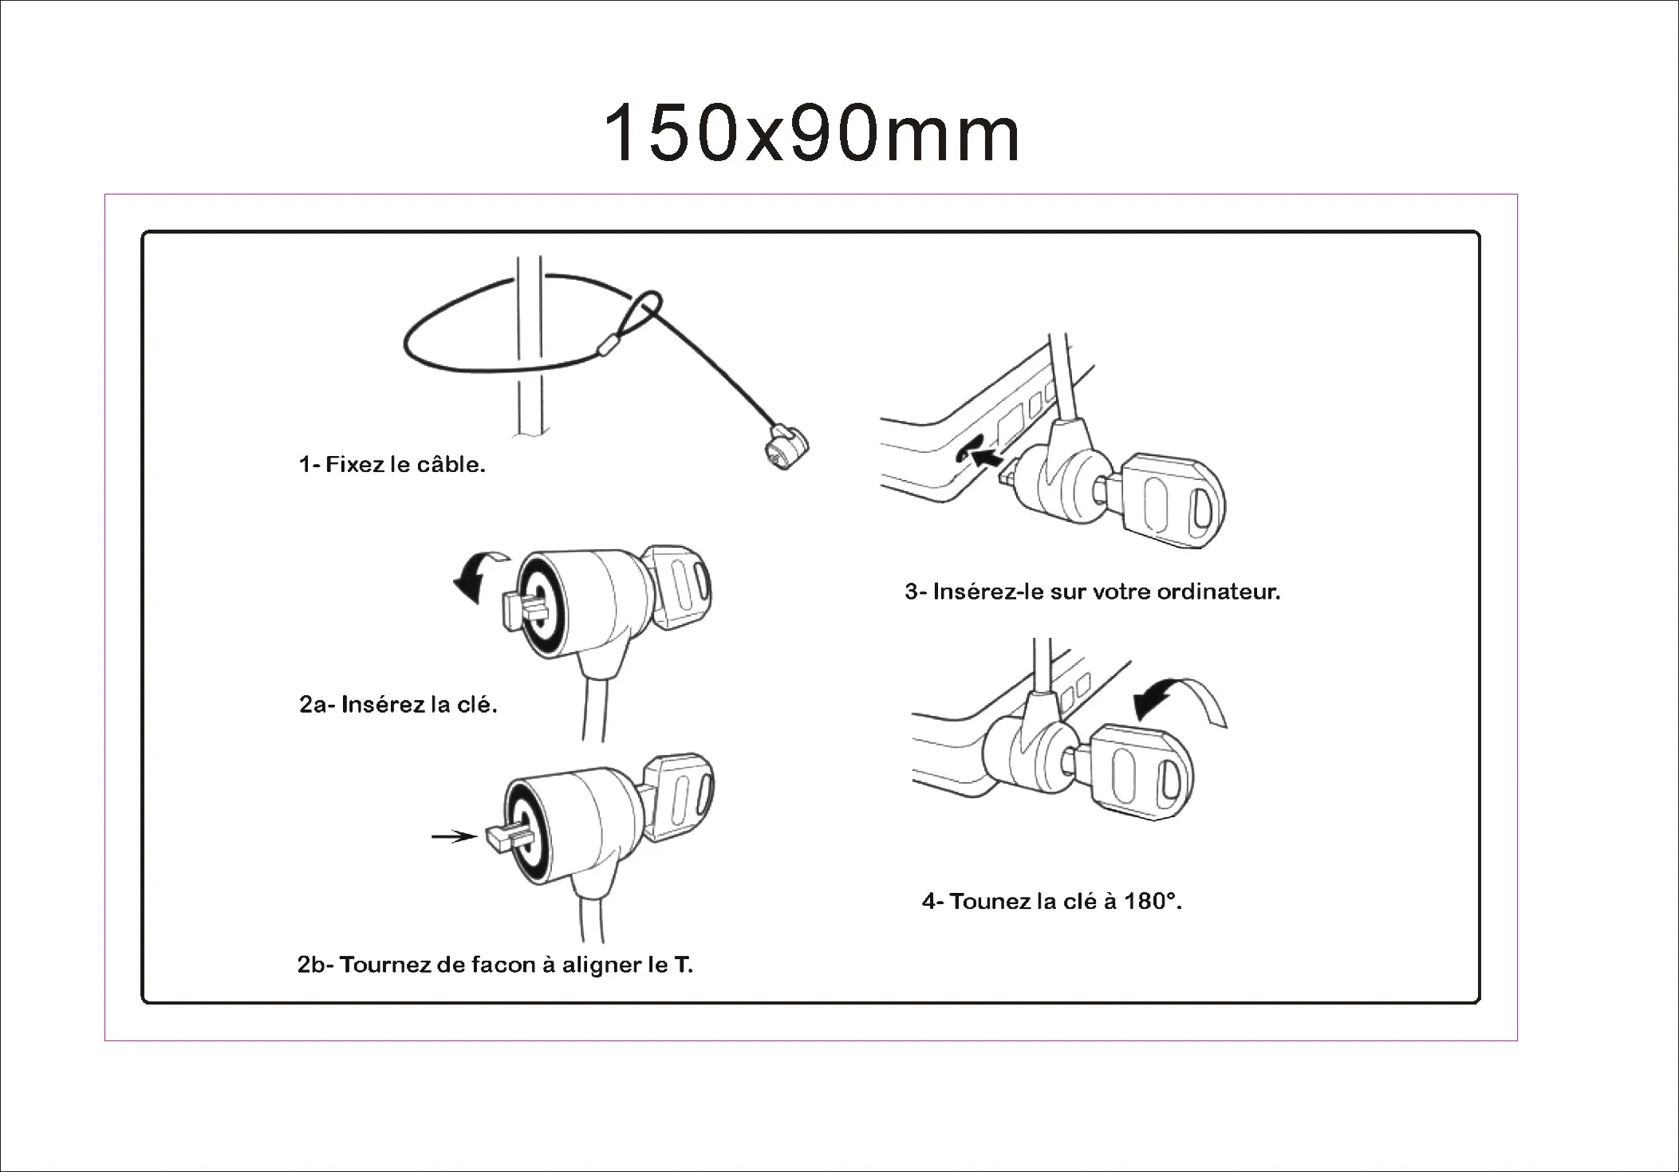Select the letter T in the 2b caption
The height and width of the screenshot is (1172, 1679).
point(682,965)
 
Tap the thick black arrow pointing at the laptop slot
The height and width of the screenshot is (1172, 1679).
point(987,457)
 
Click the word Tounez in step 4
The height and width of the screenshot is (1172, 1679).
point(990,902)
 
